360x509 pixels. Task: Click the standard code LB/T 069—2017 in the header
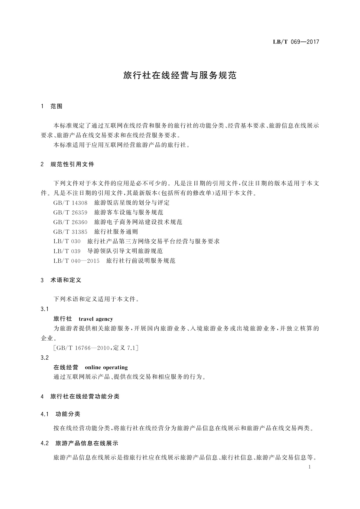coord(296,42)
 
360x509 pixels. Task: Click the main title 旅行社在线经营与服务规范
coord(180,76)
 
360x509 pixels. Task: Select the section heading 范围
coord(57,106)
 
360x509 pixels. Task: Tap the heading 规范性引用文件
coord(73,164)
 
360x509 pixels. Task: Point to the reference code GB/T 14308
coord(70,203)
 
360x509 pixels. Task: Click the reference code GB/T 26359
coord(70,212)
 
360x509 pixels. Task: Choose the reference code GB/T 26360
coord(70,222)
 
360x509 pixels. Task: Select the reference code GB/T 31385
coord(70,232)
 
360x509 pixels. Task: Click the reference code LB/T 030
coord(67,242)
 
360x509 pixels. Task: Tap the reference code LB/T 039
coord(67,251)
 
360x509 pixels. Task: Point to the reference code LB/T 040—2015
coord(76,261)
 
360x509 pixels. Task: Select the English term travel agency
coord(96,319)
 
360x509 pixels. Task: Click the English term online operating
coord(106,368)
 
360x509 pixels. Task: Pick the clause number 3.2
coord(44,358)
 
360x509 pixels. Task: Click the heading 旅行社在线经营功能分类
coord(85,397)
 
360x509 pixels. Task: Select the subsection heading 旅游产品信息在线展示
coord(87,443)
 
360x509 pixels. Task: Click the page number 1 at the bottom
coord(310,467)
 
